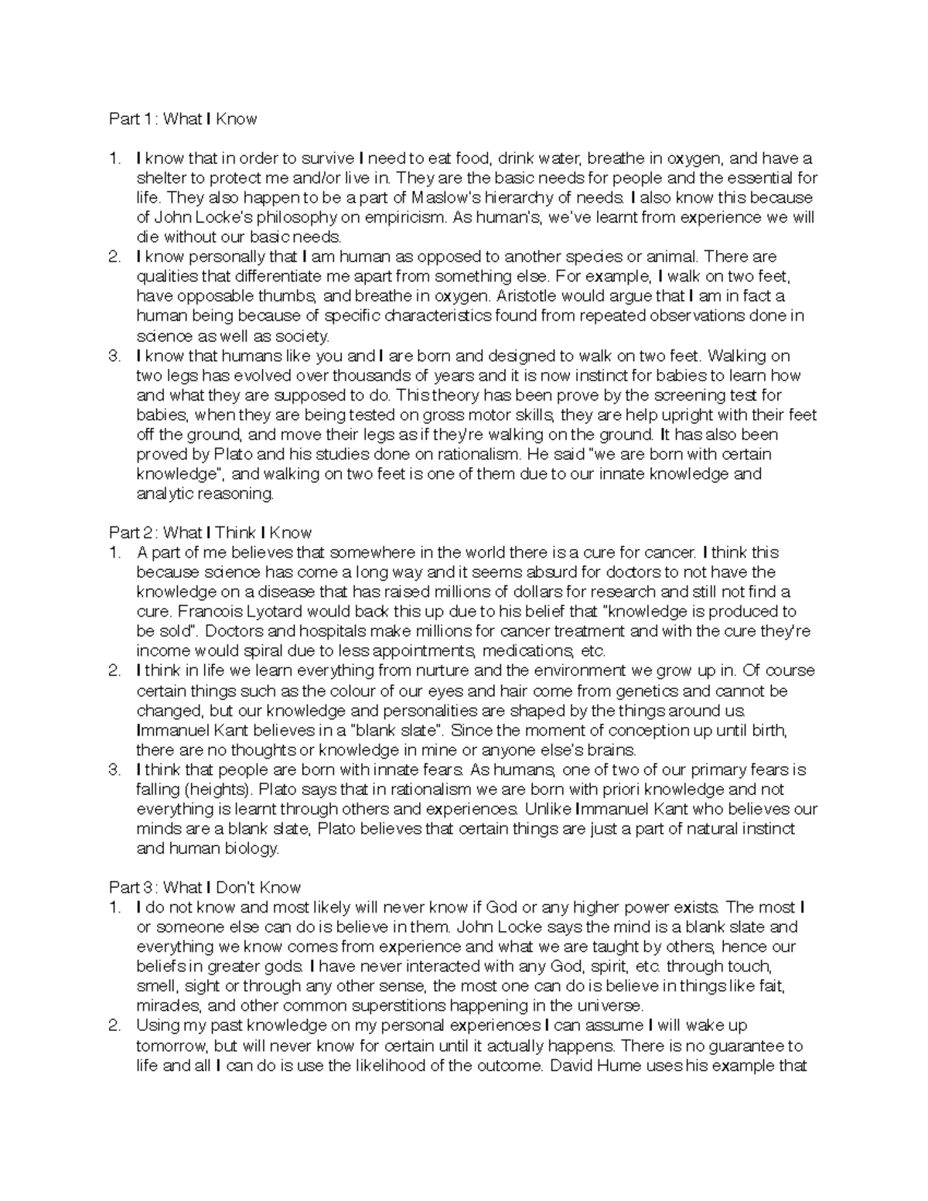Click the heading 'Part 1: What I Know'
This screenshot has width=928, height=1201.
183,119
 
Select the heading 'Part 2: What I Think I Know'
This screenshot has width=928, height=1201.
210,533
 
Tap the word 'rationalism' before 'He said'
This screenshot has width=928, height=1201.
451,454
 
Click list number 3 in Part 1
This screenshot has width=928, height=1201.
114,356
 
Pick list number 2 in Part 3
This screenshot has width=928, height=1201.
114,1026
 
